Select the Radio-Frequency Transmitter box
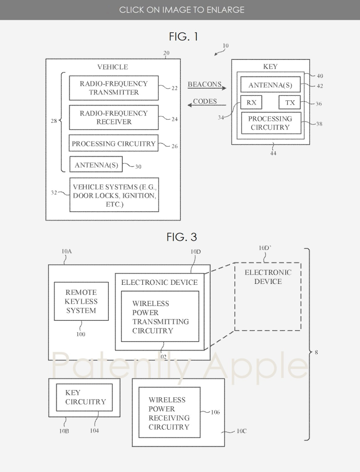113,88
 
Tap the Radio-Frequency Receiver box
113,117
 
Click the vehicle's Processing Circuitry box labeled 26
113,144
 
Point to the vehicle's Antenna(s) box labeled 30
96,165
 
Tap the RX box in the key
252,103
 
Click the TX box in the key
290,103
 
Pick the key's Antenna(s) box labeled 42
270,85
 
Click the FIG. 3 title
183,237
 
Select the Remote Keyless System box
81,301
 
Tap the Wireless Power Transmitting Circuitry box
160,316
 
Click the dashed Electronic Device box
267,297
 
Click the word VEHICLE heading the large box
112,67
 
